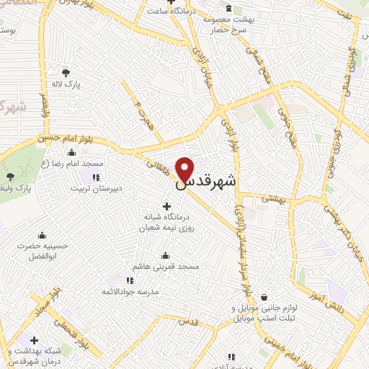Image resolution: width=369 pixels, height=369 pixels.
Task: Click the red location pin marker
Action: [x=186, y=169]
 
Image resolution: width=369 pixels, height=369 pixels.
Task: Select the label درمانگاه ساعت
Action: [x=170, y=11]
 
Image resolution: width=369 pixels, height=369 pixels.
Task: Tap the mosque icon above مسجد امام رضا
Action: [x=71, y=152]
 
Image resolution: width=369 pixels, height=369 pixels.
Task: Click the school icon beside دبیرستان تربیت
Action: [x=96, y=177]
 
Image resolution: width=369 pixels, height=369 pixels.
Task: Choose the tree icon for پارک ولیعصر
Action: [x=9, y=177]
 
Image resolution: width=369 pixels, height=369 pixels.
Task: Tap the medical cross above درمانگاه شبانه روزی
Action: [x=167, y=207]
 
